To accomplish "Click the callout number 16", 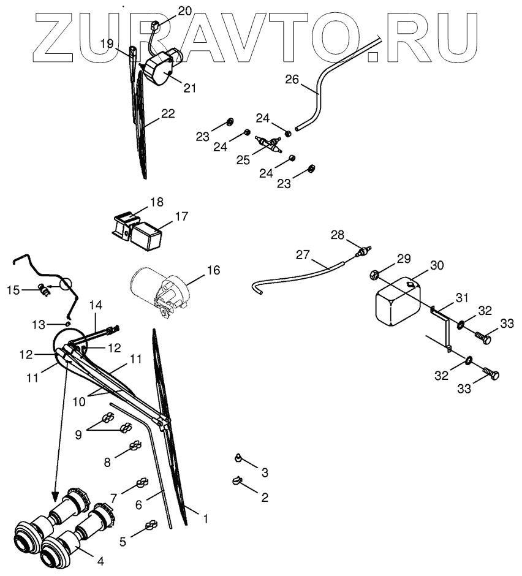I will (x=213, y=270).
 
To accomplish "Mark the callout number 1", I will (x=205, y=518).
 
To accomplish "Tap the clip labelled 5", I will (x=149, y=526).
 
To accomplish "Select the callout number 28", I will (x=338, y=235).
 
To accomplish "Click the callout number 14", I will (x=96, y=305).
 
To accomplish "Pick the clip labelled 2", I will (x=235, y=482).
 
